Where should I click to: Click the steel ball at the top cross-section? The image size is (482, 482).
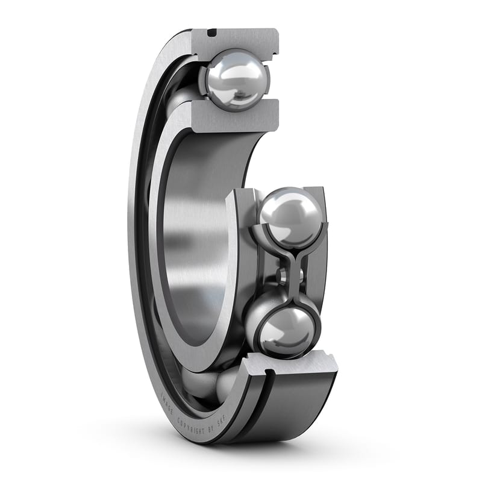pyautogui.click(x=236, y=80)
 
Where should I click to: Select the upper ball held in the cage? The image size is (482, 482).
pyautogui.click(x=291, y=217)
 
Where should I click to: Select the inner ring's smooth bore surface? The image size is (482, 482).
pyautogui.click(x=193, y=241)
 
